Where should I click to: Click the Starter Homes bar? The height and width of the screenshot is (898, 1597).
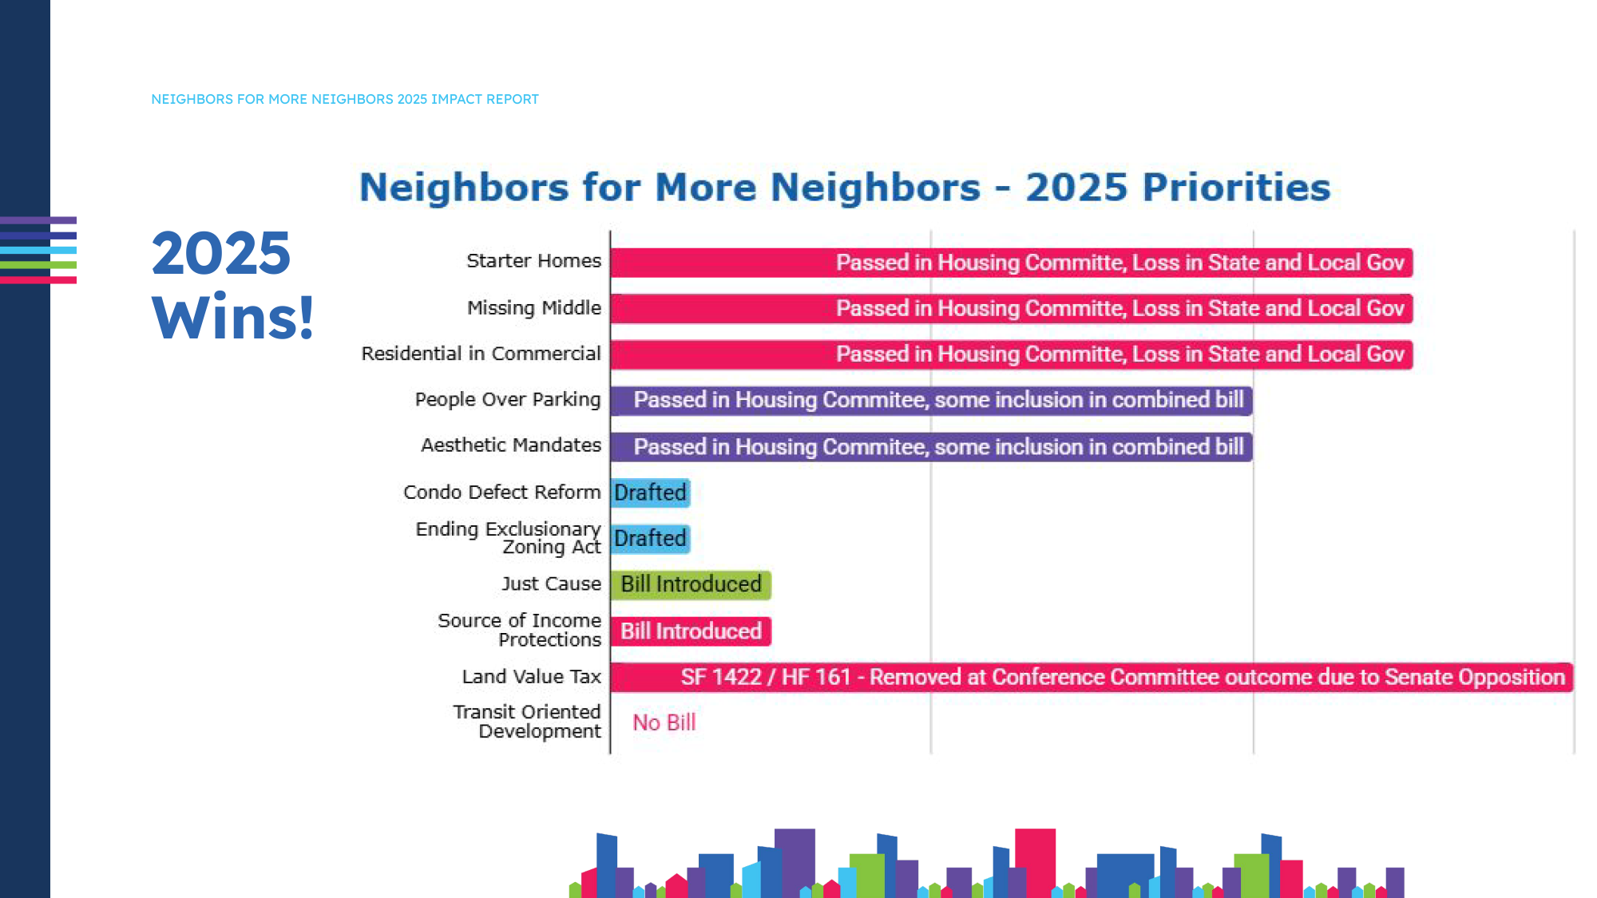coord(1011,263)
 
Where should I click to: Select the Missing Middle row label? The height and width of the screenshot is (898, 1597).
coord(533,308)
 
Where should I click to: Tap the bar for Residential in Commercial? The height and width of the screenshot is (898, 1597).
coord(1011,354)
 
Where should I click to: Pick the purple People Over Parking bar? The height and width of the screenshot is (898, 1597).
coord(931,400)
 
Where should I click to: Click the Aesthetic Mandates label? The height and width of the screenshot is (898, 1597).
coord(511,445)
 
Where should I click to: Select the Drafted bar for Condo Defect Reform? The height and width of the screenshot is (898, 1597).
coord(650,493)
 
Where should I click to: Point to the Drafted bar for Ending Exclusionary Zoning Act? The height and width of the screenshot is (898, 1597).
coord(650,539)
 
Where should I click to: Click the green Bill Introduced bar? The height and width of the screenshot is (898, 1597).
coord(691,584)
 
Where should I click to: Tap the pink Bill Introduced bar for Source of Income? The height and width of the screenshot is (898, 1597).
coord(691,631)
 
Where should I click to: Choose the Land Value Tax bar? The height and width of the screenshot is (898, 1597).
coord(1091,678)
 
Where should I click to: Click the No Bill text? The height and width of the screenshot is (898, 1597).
coord(664,722)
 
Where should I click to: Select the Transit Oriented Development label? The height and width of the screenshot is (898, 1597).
coord(527,722)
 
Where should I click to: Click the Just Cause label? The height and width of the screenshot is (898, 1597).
coord(551,584)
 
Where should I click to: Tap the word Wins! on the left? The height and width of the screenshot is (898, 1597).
coord(232,318)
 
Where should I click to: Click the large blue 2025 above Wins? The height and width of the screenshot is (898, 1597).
coord(221,254)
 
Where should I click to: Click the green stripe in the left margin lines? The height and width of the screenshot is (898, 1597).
coord(38,265)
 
